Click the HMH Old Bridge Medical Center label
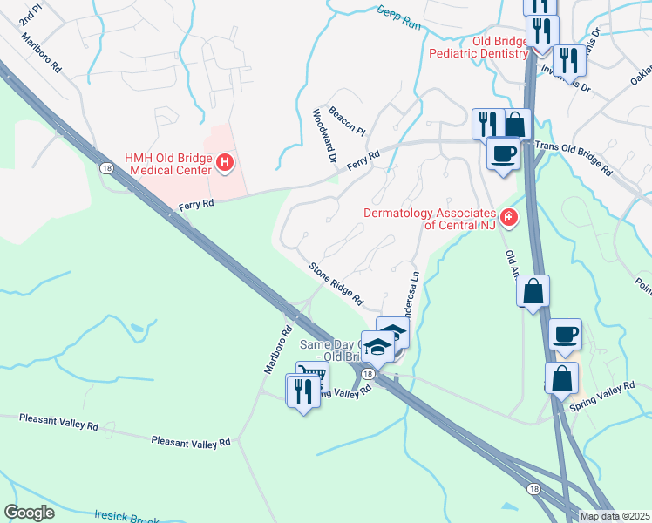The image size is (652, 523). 167,163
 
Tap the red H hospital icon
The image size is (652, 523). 225,162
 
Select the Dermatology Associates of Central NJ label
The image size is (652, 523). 430,219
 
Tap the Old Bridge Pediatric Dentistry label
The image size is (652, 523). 478,47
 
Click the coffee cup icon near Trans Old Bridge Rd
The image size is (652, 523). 502,154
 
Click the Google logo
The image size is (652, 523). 29,513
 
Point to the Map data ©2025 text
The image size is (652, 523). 614,516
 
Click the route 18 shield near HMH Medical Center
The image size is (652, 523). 105,168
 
